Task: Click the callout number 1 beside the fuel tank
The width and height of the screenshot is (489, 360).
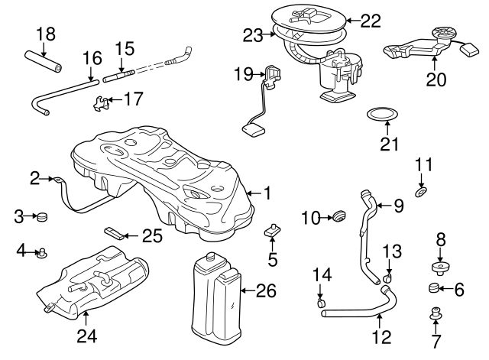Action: click(267, 193)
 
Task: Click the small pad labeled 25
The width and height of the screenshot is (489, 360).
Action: click(115, 232)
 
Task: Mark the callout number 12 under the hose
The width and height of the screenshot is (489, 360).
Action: click(380, 336)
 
